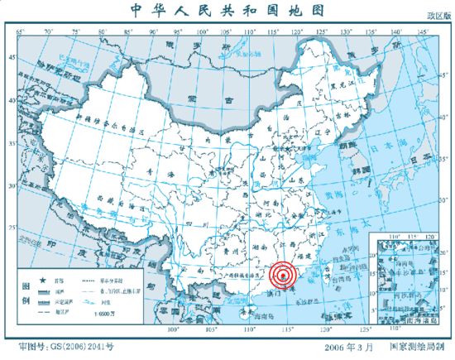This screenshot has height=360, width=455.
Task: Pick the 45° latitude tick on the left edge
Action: click(x=12, y=58)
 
